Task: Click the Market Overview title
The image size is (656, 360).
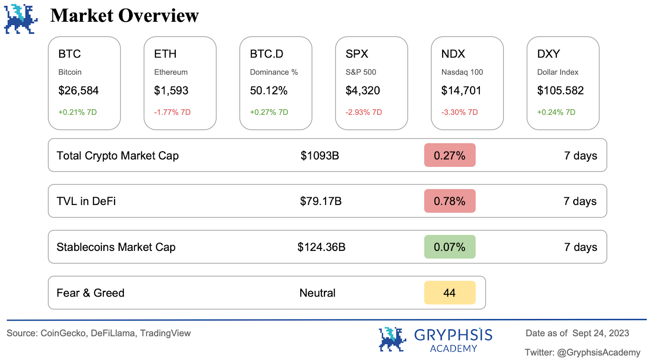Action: point(124,16)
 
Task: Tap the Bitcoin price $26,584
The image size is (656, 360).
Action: point(78,91)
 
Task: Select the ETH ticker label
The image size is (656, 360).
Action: point(165,54)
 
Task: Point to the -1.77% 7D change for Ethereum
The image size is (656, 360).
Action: point(172,112)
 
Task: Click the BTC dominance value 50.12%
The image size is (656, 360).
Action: point(269,91)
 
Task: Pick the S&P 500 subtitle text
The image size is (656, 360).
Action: point(361,72)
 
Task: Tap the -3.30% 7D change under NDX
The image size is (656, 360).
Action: point(460,112)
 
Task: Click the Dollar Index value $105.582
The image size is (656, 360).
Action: point(560,91)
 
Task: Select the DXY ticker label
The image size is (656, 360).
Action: point(549,54)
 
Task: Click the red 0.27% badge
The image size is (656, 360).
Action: point(450,155)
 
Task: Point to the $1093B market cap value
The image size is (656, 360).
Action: point(320,156)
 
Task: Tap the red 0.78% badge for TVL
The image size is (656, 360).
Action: point(450,201)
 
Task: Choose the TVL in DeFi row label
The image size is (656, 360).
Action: point(86,201)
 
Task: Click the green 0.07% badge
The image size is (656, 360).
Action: point(450,247)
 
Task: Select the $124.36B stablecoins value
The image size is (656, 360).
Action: point(321,247)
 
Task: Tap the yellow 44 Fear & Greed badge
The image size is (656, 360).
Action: point(450,293)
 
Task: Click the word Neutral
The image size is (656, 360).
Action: point(317,293)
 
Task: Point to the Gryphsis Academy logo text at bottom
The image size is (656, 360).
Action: point(453,339)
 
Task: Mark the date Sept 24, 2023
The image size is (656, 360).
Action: point(601,333)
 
